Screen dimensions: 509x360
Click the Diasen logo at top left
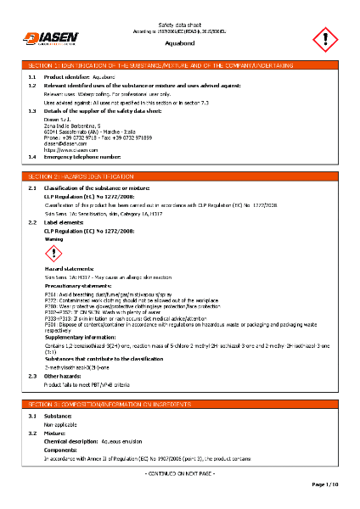click(50, 37)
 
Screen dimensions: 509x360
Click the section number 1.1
click(32, 76)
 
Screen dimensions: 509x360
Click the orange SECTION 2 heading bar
click(180, 176)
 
